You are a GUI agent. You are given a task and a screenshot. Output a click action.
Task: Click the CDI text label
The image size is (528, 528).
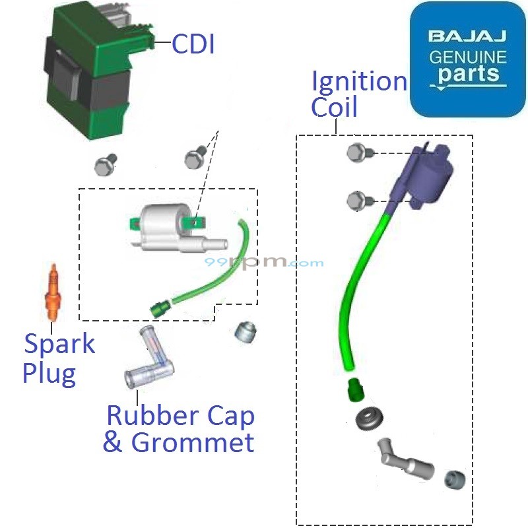(193, 44)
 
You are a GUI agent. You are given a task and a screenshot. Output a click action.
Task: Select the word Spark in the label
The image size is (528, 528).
(59, 345)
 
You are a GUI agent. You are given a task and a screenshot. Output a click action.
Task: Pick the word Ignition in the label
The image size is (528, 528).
(359, 82)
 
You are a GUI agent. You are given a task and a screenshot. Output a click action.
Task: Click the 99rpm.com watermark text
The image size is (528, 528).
(264, 262)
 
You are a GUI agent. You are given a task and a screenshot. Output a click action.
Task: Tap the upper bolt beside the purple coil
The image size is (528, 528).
(357, 153)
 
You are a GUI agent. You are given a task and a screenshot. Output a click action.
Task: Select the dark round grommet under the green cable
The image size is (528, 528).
(368, 418)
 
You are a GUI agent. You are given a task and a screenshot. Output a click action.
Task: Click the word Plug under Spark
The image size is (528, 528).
(49, 374)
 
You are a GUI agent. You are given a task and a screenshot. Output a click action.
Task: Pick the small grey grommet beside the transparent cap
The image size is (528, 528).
(245, 331)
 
